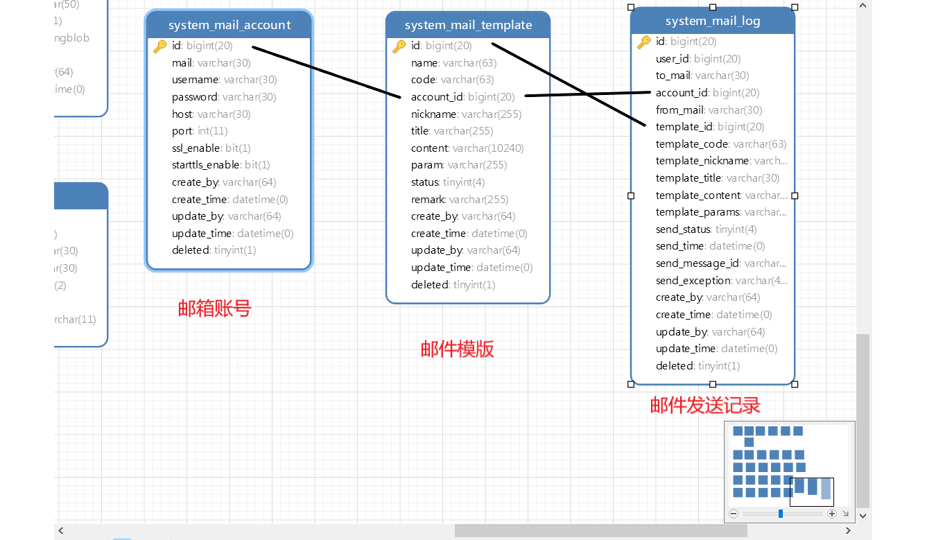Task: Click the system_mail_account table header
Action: [x=229, y=25]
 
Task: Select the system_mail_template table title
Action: [x=468, y=25]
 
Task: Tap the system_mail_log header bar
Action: [x=713, y=21]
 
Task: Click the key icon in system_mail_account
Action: [x=159, y=46]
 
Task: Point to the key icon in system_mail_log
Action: [x=643, y=42]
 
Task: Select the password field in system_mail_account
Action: [x=224, y=97]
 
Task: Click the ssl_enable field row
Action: [x=211, y=148]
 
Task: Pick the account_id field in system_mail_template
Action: [x=462, y=97]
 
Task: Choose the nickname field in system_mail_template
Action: [x=466, y=114]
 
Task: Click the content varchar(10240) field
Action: [x=467, y=148]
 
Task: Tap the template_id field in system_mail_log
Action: [x=710, y=127]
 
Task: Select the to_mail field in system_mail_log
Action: [x=702, y=76]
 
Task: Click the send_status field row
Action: [x=706, y=229]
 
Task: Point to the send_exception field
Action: [x=721, y=281]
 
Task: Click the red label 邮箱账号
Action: [x=214, y=308]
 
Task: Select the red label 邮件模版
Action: [x=457, y=349]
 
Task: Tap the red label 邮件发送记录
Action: [x=705, y=405]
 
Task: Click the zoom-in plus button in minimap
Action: [x=832, y=514]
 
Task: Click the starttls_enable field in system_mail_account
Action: [x=220, y=165]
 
